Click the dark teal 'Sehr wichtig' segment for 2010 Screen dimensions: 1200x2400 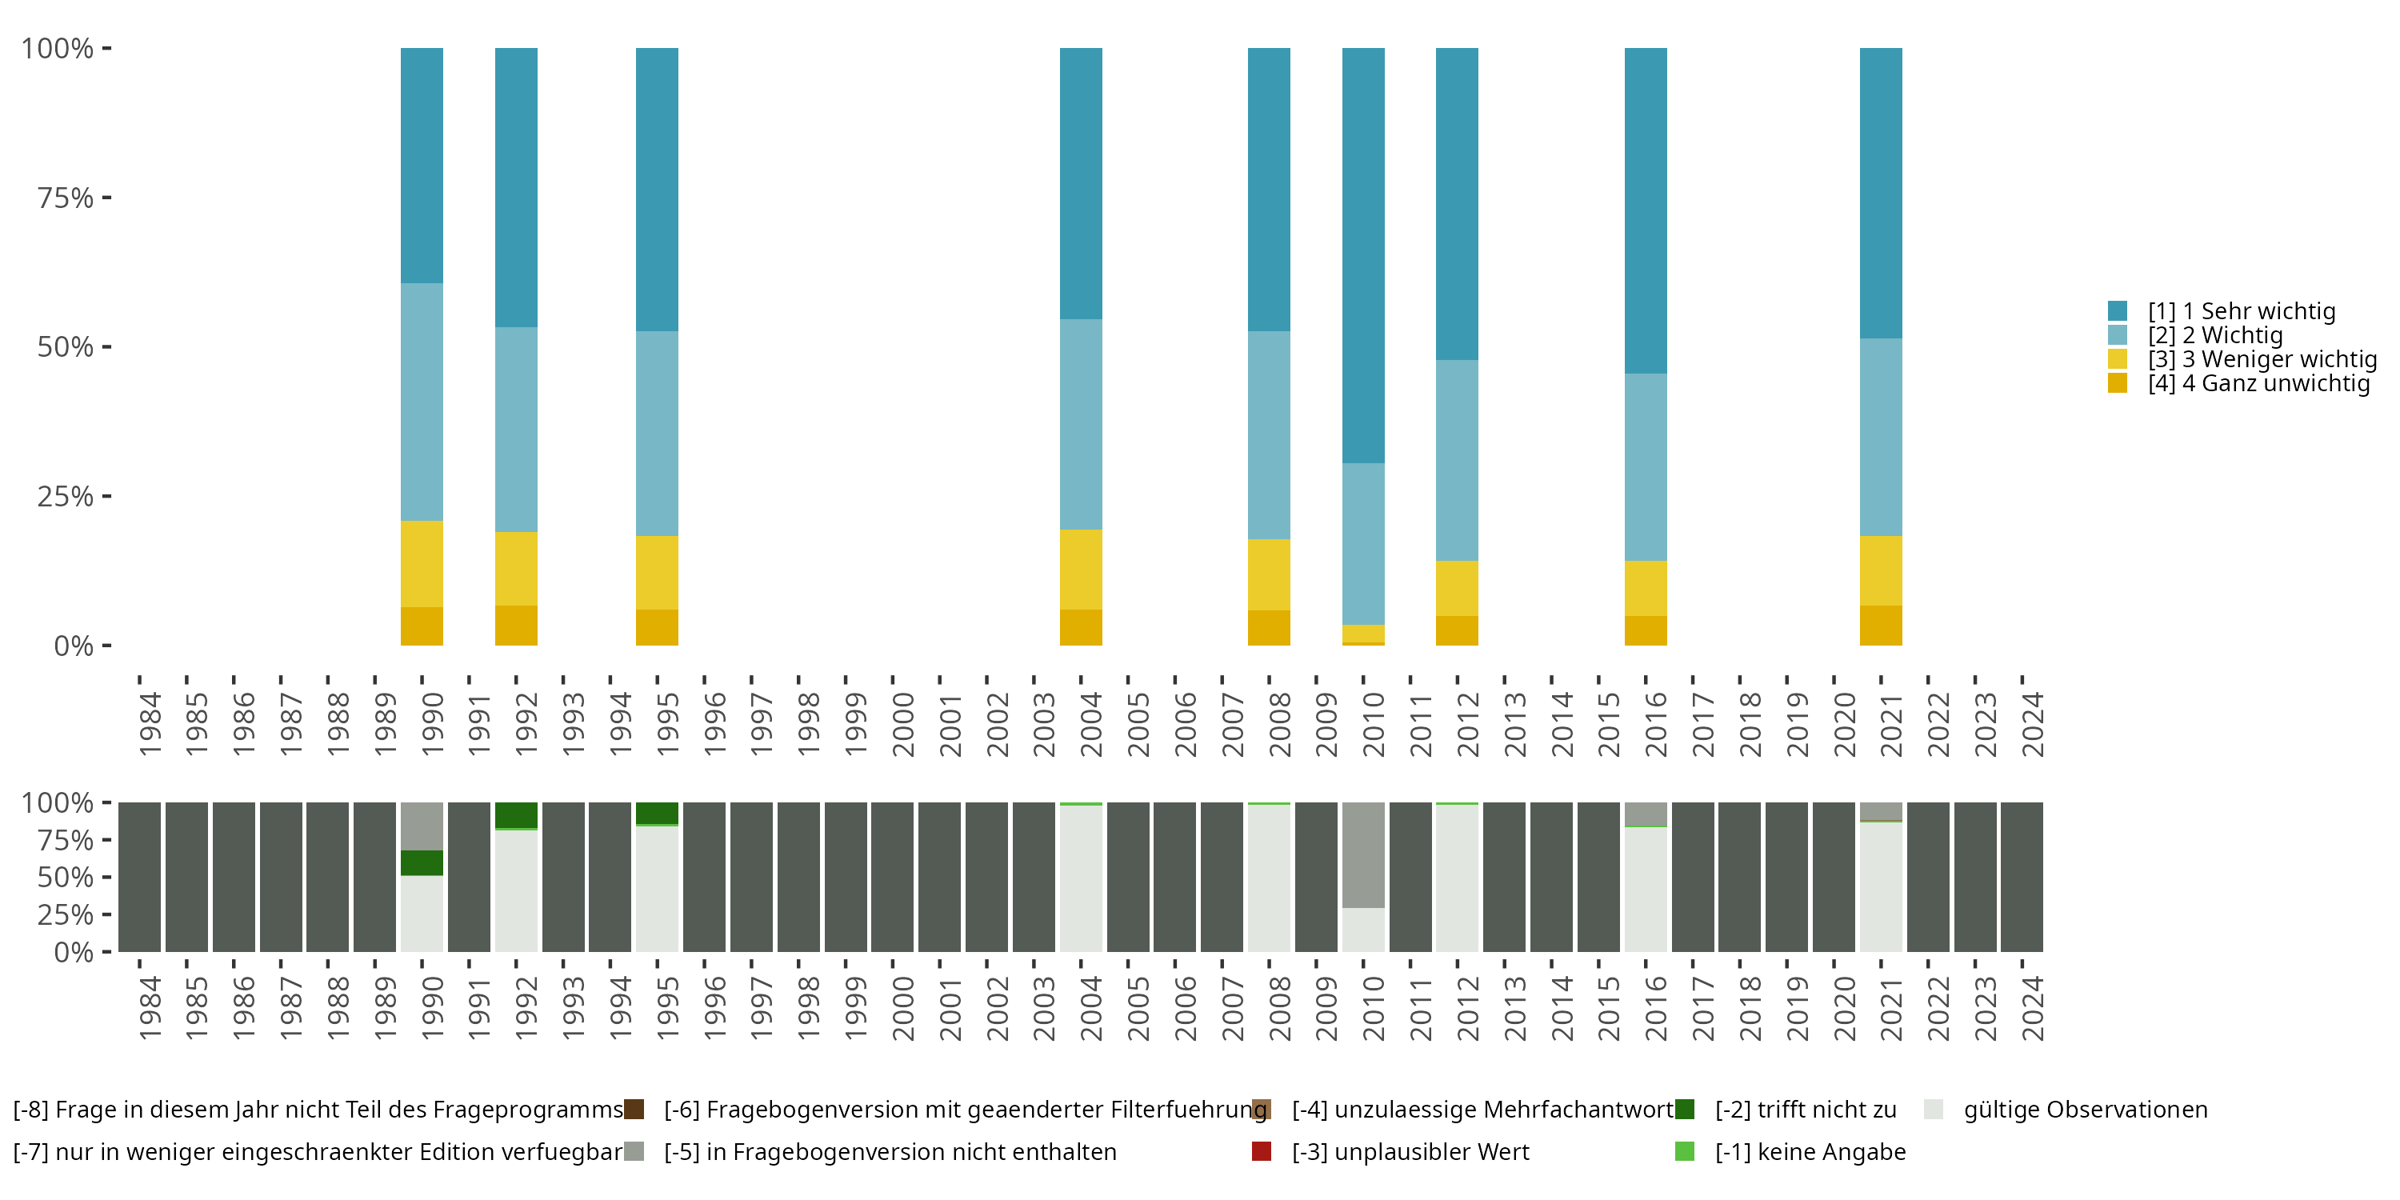1363,255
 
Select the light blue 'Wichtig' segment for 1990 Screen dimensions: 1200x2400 422,402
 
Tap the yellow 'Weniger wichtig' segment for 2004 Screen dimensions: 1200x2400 1081,570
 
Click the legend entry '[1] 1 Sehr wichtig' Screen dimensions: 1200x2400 2241,311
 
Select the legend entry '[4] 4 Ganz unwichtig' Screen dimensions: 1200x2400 2258,383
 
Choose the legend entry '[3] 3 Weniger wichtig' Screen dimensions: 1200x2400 2261,360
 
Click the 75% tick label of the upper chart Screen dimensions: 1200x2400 66,198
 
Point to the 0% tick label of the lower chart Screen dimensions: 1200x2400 73,952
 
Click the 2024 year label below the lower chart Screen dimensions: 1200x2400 2033,1008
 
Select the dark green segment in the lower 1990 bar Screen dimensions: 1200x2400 422,862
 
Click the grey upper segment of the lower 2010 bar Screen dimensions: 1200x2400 1363,854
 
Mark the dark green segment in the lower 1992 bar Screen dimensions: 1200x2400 516,814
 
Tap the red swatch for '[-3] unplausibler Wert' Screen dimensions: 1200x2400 1262,1151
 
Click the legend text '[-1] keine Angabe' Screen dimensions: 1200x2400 1810,1151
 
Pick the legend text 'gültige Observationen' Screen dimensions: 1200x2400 2085,1110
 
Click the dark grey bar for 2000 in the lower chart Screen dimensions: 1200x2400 893,877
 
